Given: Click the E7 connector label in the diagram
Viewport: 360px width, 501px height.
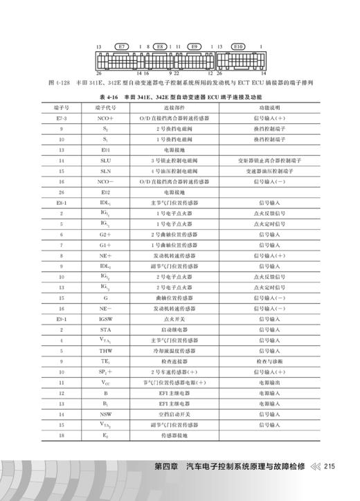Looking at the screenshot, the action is (122, 48).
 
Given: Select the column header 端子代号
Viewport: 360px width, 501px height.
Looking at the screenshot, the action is (95, 109).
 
